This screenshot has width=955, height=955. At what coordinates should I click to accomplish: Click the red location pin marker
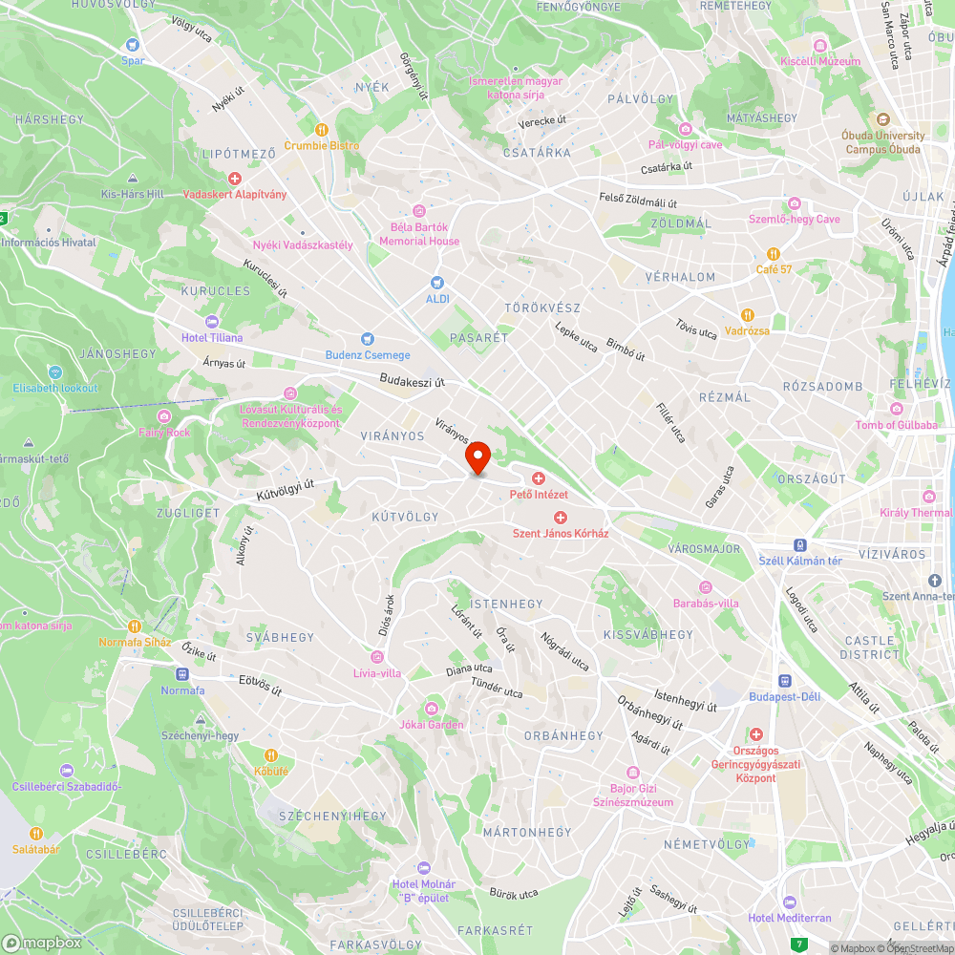(x=477, y=457)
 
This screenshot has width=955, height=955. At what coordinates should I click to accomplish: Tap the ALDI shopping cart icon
(x=437, y=283)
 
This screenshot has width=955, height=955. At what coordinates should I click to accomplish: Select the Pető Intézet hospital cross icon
(x=539, y=477)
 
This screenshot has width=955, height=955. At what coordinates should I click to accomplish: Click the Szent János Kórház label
(x=561, y=533)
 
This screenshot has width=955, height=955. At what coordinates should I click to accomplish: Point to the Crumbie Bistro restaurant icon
(x=322, y=129)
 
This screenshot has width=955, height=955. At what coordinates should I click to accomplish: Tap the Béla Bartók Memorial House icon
(x=418, y=211)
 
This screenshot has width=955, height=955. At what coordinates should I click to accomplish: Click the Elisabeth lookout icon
(x=55, y=371)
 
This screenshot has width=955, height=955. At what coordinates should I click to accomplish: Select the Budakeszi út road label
(x=414, y=380)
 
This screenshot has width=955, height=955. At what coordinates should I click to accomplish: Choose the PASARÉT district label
(x=478, y=338)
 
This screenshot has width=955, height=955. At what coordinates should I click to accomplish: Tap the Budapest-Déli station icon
(x=784, y=681)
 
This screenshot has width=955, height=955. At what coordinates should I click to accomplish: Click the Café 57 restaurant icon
(x=774, y=254)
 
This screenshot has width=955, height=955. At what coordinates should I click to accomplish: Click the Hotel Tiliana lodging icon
(x=211, y=322)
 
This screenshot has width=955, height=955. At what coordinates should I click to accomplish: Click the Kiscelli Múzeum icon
(x=819, y=46)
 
